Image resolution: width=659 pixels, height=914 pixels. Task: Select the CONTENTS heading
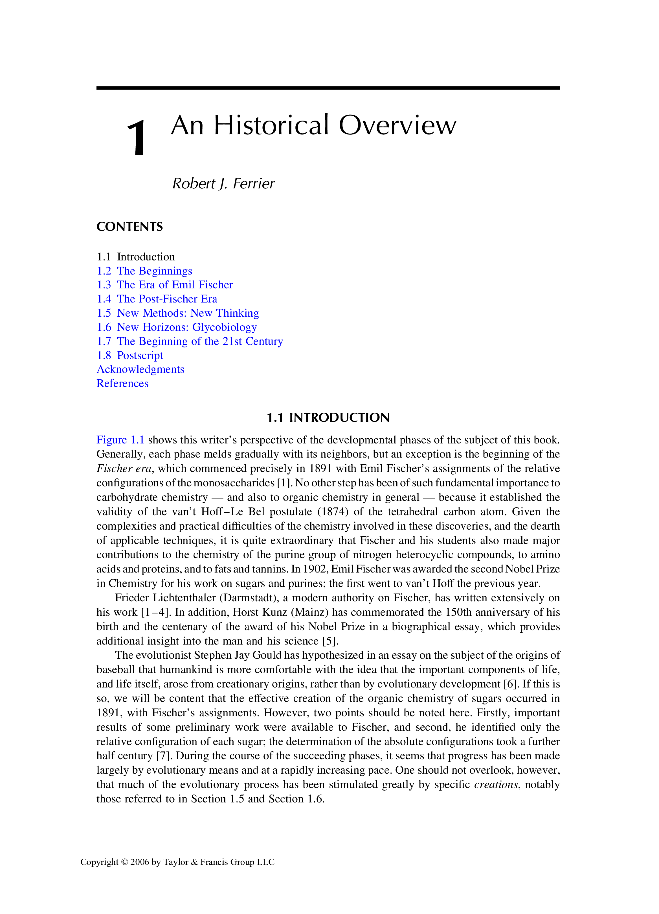(129, 227)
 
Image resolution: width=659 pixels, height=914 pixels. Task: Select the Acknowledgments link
(140, 369)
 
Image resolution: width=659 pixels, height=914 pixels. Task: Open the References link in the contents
(122, 384)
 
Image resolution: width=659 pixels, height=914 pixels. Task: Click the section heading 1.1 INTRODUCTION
(328, 417)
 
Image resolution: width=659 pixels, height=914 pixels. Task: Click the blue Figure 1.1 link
(120, 440)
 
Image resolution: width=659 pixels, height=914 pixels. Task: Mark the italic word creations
(496, 785)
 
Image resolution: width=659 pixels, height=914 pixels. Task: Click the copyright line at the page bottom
(177, 862)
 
